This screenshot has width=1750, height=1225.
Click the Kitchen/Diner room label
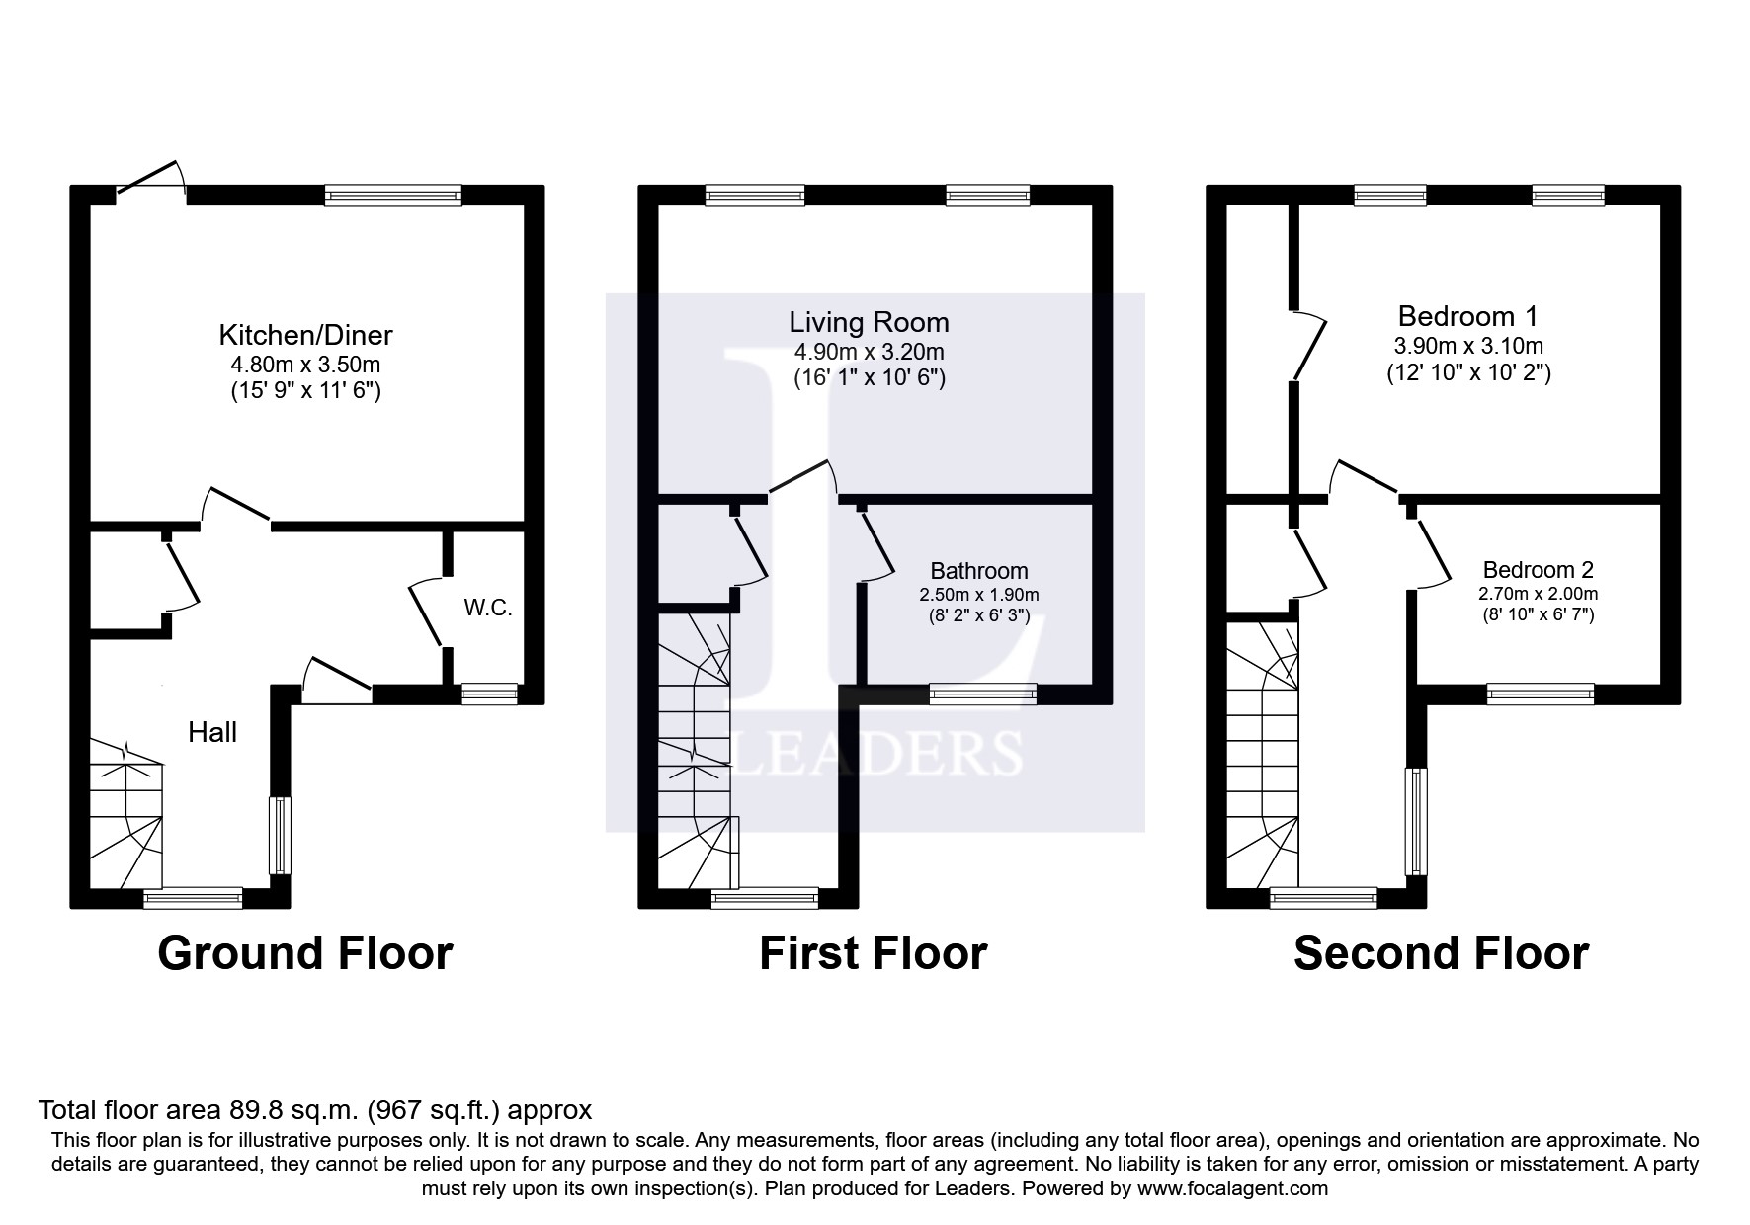(305, 335)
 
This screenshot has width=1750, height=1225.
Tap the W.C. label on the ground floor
(488, 608)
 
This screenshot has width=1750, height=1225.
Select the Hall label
(212, 732)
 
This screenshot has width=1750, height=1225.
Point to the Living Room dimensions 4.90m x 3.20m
(869, 352)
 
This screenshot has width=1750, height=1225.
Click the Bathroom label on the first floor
(978, 571)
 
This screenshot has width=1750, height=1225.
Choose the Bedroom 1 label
(1467, 316)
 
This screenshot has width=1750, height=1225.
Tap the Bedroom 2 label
(1538, 570)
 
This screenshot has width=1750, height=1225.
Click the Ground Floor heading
(304, 953)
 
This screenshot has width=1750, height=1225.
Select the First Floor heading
(873, 953)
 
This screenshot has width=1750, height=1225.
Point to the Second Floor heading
(1441, 953)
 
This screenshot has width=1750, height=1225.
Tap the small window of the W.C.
(490, 694)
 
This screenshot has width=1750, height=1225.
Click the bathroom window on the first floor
(982, 694)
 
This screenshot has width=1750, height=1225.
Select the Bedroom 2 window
(1541, 694)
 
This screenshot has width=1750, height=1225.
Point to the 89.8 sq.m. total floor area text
(314, 1109)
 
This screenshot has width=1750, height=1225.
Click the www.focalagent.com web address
(1232, 1188)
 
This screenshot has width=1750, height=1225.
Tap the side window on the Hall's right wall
(280, 835)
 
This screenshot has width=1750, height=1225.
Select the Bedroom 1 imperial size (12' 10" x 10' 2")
(1467, 373)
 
